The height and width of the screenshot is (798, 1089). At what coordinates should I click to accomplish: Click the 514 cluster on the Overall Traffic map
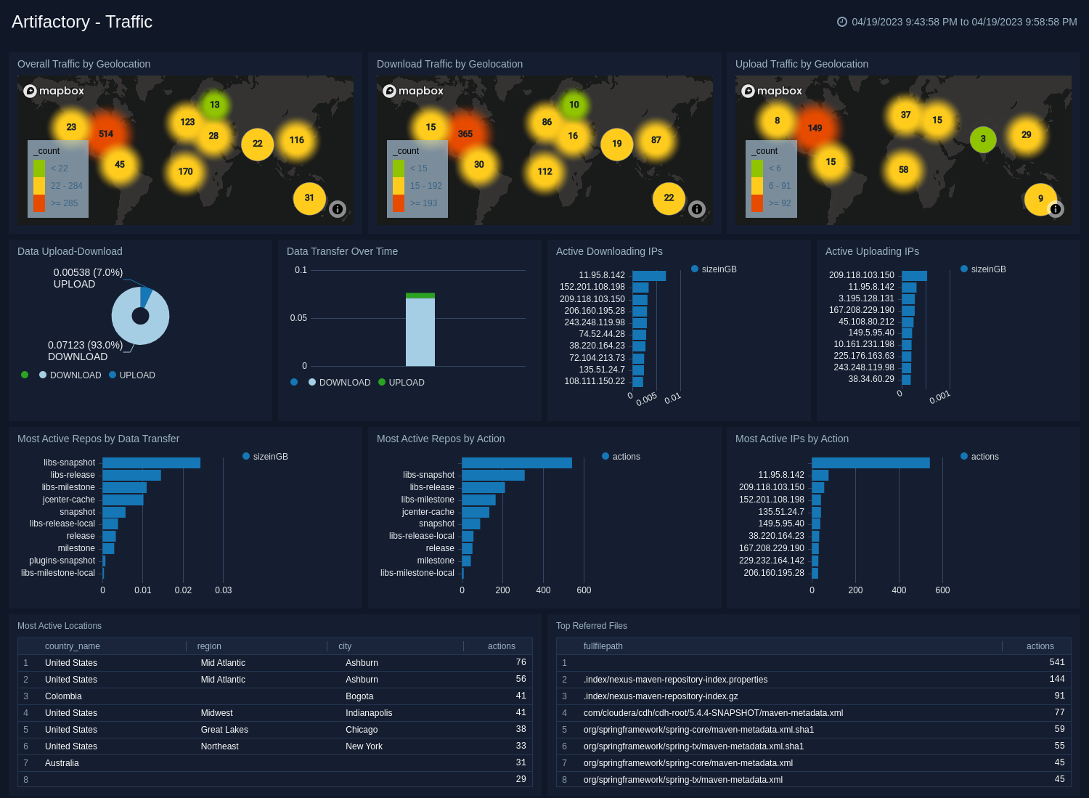106,134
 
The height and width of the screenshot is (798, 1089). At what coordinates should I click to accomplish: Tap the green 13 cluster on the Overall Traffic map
215,105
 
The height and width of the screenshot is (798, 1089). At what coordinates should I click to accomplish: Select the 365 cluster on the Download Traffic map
465,134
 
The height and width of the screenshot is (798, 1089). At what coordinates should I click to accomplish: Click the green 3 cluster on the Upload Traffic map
983,139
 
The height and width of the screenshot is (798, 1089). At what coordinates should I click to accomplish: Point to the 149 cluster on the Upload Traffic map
815,128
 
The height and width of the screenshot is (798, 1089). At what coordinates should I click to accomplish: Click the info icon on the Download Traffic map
697,209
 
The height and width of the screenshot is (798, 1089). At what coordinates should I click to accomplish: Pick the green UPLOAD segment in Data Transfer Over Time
420,296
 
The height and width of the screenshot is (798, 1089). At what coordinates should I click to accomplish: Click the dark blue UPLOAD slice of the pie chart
146,296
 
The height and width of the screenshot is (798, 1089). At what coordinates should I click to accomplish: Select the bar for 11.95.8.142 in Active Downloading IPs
648,275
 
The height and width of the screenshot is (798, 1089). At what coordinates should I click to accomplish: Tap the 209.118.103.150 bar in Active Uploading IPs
914,275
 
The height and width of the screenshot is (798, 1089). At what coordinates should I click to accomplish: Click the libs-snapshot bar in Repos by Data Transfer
151,463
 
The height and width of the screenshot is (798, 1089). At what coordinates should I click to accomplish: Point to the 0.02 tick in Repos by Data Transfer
183,590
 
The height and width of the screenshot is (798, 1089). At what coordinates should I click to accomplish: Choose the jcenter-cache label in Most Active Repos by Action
428,512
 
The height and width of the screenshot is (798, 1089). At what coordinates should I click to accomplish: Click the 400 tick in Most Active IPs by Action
899,590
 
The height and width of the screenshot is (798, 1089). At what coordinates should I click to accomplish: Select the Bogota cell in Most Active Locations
359,696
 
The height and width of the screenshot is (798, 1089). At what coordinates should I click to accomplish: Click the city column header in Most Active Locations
345,646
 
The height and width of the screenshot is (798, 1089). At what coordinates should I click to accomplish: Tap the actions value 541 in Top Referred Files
1056,663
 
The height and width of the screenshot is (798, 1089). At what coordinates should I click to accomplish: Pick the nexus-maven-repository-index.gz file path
661,696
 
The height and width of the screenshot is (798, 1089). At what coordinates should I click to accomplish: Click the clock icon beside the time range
842,22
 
